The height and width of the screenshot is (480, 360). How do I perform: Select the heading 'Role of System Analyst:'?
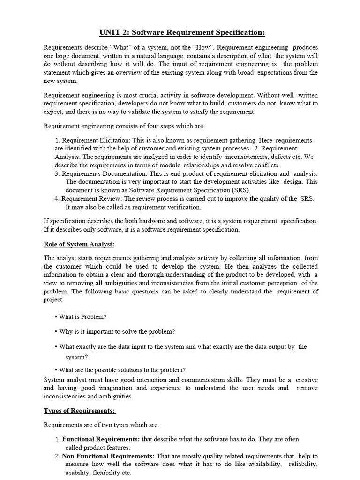[x=79, y=245]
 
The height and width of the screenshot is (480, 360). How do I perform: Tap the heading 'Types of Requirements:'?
[x=79, y=411]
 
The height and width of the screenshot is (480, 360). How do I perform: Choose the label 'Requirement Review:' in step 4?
[x=92, y=199]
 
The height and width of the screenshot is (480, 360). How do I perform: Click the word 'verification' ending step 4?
[x=185, y=207]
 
